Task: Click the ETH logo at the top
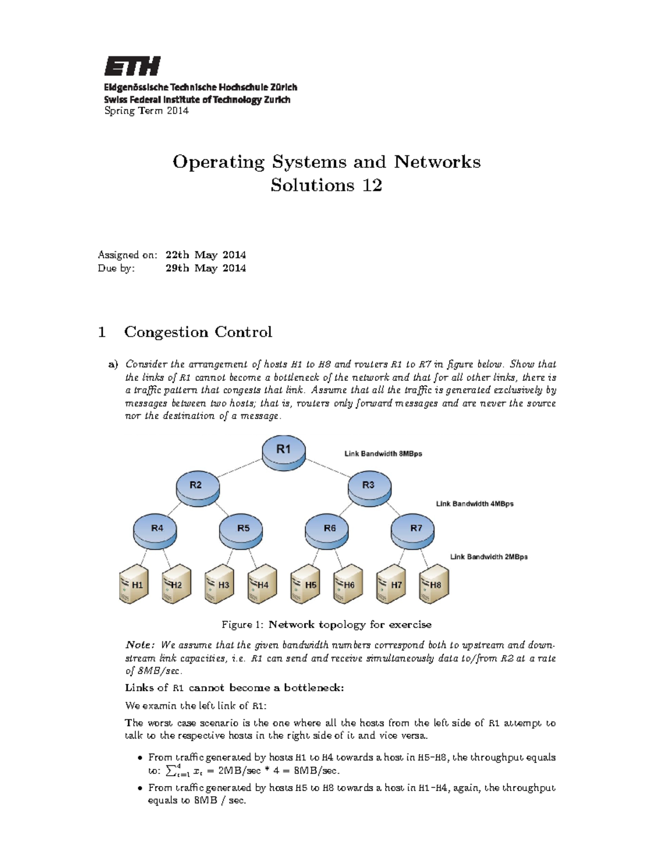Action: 132,66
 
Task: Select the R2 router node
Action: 197,487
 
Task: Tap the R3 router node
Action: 369,487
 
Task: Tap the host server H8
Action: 434,585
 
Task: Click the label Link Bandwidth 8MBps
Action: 383,454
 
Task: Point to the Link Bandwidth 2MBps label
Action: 488,557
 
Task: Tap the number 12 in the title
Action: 372,185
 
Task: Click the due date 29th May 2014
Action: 206,269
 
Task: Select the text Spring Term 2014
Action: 146,110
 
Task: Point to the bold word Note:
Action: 139,645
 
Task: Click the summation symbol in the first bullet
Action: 170,771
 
